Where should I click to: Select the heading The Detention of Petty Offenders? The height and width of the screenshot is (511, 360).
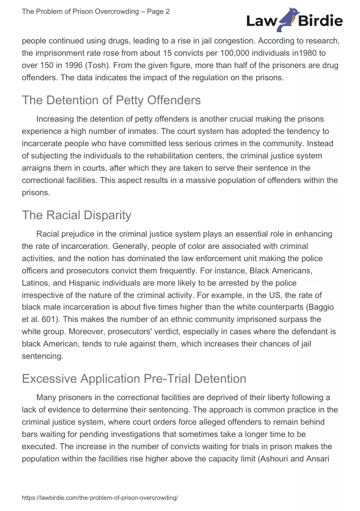pyautogui.click(x=111, y=100)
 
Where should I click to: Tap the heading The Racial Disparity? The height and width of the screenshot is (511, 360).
pyautogui.click(x=76, y=215)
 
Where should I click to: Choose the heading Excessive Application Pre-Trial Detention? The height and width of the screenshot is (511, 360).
pyautogui.click(x=134, y=379)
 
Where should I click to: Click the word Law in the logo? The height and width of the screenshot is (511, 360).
pyautogui.click(x=261, y=21)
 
